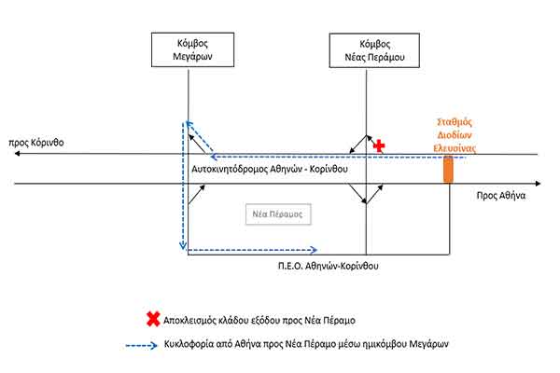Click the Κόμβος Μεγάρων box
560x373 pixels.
pos(188,50)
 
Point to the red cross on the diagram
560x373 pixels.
pos(378,146)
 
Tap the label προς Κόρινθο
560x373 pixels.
pos(36,145)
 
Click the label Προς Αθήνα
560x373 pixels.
pos(500,197)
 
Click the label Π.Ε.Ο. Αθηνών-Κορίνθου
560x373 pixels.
pos(315,266)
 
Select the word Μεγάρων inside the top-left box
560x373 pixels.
pos(188,58)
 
